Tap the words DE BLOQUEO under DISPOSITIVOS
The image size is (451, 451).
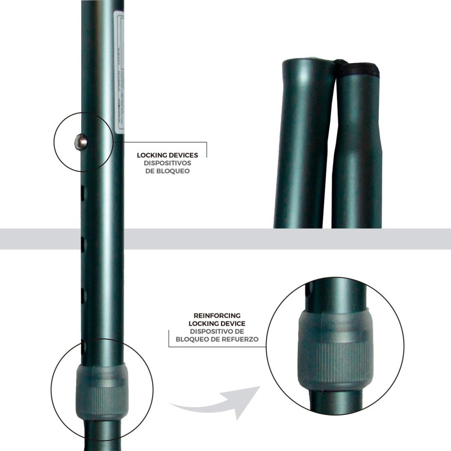pyautogui.click(x=166, y=170)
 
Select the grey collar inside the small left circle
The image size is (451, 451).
pyautogui.click(x=101, y=389)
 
